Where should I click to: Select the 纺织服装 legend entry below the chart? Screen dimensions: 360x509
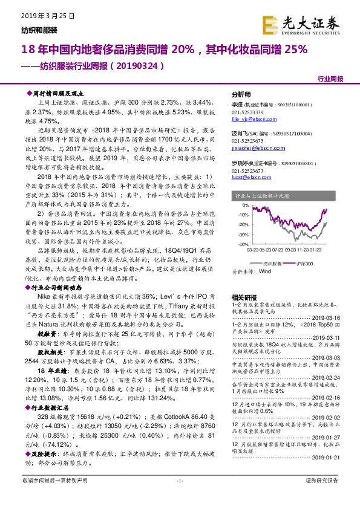pyautogui.click(x=269, y=264)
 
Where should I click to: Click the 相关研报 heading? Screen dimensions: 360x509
pyautogui.click(x=244, y=297)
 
